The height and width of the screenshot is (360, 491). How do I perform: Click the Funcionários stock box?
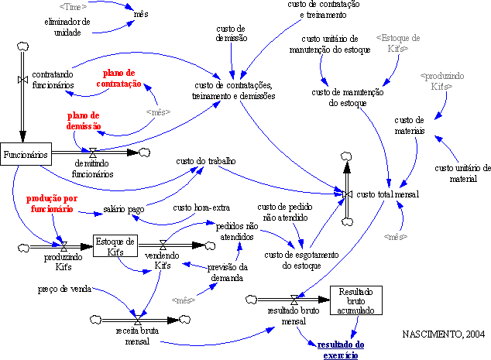point(26,154)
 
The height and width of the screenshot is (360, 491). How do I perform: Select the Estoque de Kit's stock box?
point(115,245)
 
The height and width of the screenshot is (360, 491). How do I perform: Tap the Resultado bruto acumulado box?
point(356,300)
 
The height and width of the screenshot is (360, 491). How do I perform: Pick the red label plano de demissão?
point(84,121)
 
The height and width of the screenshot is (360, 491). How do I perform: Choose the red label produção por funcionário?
point(52,204)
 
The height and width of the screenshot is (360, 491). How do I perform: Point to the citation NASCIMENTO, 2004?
point(444,334)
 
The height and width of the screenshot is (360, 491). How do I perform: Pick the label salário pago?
point(124,209)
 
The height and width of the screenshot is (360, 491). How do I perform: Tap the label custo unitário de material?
point(463,173)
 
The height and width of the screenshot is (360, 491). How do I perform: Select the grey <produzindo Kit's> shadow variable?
point(441,82)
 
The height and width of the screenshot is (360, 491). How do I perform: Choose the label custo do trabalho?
point(211,160)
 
